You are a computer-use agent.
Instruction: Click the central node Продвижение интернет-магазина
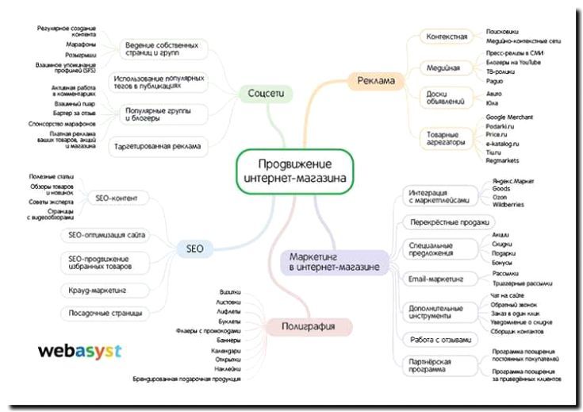(294, 171)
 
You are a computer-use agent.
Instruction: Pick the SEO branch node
(195, 248)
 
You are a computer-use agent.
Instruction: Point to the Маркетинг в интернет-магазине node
(333, 263)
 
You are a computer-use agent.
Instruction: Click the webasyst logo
(80, 350)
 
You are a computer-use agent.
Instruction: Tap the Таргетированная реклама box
(155, 147)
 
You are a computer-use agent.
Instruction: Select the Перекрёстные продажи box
(448, 222)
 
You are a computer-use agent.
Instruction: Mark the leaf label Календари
(226, 350)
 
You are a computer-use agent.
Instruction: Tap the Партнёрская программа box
(435, 366)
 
